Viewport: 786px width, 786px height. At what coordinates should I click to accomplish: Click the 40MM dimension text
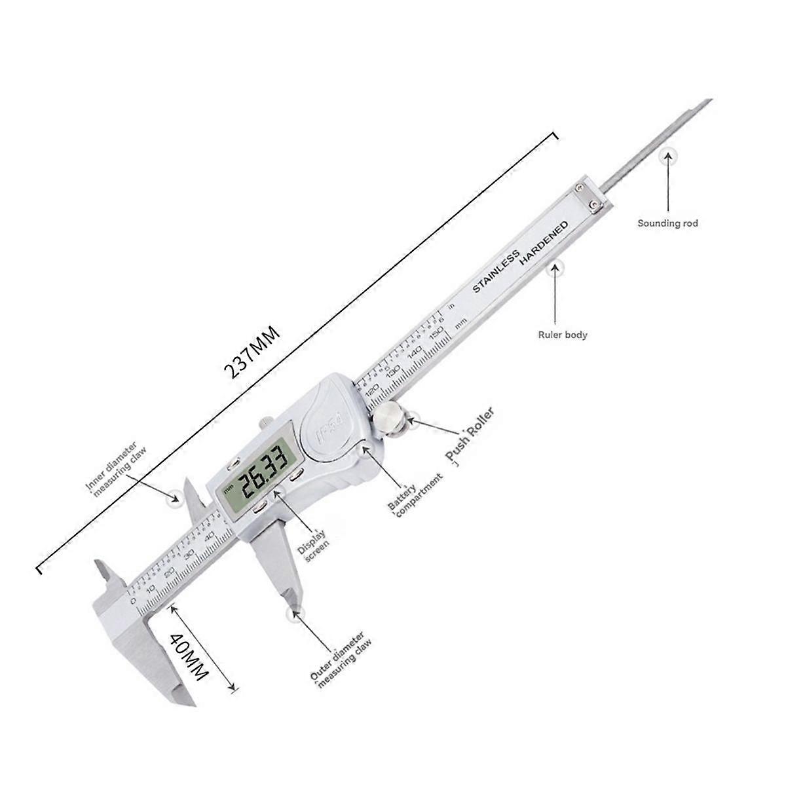tap(189, 658)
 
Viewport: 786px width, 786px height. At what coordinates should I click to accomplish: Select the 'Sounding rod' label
tap(667, 223)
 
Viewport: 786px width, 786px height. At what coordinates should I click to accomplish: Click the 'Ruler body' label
tap(562, 335)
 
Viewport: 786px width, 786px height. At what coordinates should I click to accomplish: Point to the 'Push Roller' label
tap(469, 433)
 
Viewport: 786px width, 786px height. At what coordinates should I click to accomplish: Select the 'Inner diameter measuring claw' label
tap(118, 472)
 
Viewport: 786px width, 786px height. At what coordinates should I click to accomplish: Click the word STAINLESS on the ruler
tap(496, 271)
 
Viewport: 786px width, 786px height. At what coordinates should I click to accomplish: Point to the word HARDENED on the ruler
tap(544, 243)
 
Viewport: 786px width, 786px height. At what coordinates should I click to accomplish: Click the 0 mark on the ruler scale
tap(134, 600)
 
